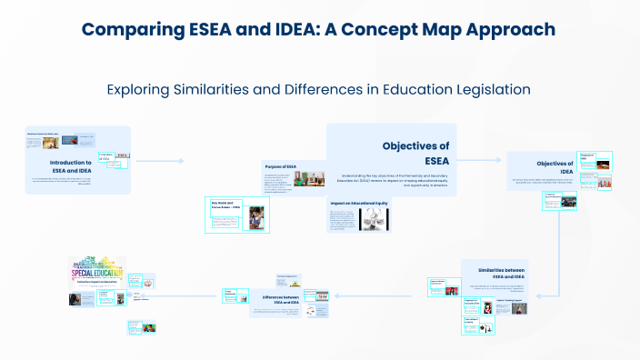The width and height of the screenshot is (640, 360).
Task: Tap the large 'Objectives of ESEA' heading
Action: pos(415,154)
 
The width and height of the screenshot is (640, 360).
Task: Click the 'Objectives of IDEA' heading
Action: pos(555,168)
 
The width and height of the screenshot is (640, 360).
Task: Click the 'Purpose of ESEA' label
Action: pos(282,166)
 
